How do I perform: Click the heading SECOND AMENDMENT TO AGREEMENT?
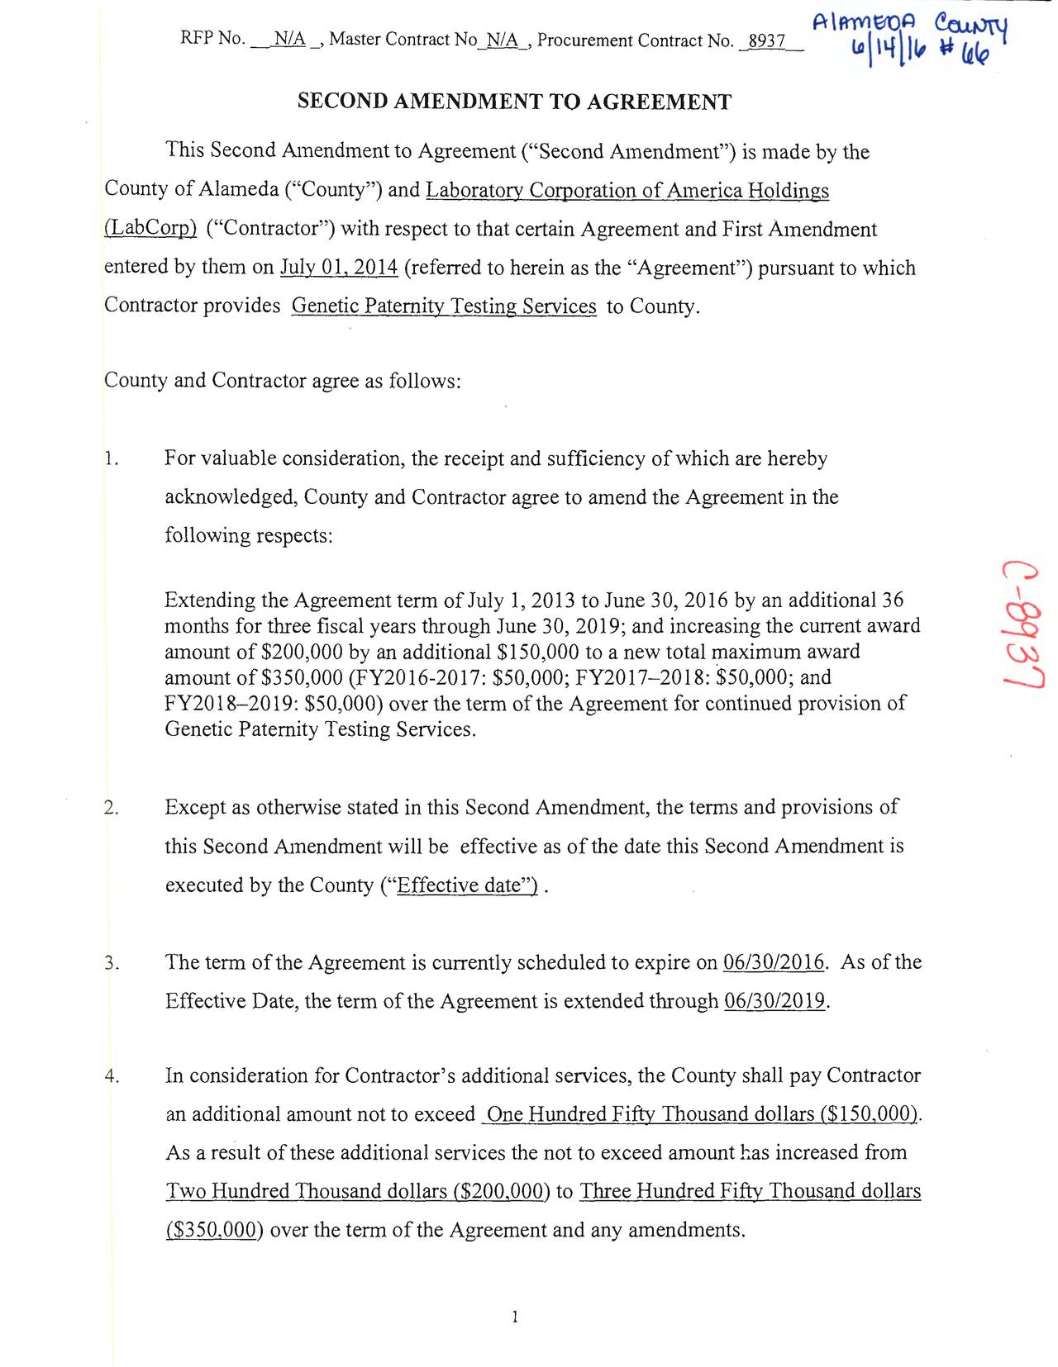(x=514, y=102)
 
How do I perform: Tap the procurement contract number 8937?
(x=766, y=40)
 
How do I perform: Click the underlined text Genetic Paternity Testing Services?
(x=444, y=306)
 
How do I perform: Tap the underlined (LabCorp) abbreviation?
(x=150, y=229)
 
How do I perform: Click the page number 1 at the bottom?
(x=515, y=1317)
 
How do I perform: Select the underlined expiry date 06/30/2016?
(x=774, y=962)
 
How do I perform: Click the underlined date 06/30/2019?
(x=774, y=1001)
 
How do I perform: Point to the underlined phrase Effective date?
(x=467, y=885)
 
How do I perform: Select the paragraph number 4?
(x=112, y=1075)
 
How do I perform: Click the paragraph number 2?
(x=112, y=807)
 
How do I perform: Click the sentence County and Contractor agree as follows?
(x=282, y=381)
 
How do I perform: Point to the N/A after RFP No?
(x=289, y=40)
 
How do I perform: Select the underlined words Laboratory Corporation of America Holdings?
(x=627, y=191)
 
